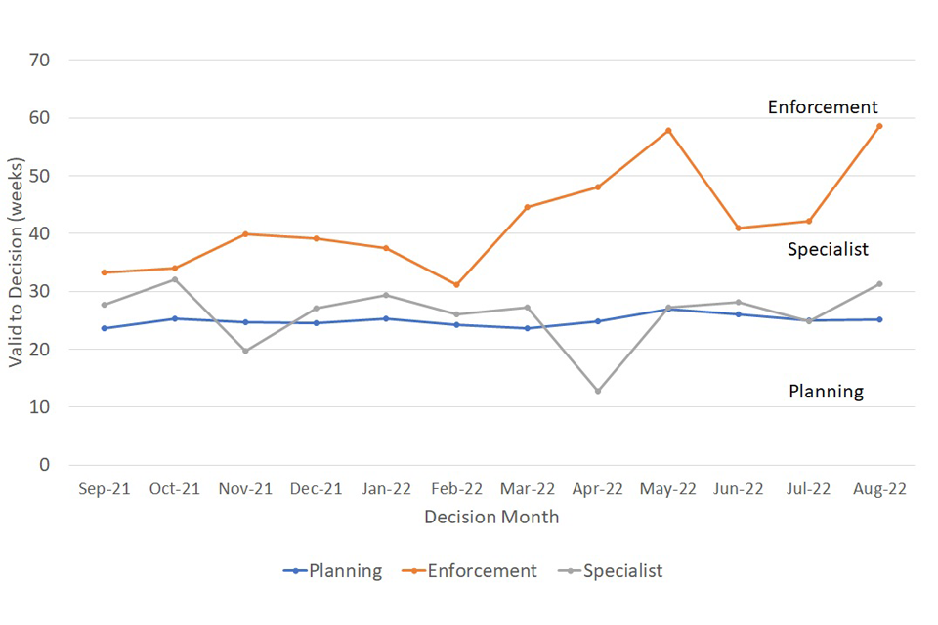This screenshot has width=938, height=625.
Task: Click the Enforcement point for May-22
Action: tap(668, 130)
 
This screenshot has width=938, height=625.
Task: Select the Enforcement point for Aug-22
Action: tap(879, 126)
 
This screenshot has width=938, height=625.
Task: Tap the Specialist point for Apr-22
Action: tap(598, 391)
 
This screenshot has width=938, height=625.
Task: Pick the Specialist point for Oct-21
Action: tap(175, 279)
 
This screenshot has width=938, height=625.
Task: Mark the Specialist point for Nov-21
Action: tap(245, 351)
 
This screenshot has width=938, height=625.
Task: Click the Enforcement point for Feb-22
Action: tap(456, 284)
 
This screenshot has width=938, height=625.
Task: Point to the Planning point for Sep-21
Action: tap(105, 328)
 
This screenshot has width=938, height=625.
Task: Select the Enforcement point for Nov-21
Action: tap(245, 234)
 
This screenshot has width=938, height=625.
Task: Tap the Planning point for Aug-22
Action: tap(879, 319)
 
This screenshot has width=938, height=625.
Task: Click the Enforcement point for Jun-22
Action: tap(739, 229)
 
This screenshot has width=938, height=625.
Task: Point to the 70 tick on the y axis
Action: tap(54, 61)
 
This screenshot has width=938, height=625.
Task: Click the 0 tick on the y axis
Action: tap(59, 465)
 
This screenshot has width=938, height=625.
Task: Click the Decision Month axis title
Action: tap(491, 517)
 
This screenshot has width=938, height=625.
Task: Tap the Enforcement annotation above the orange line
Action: tap(823, 107)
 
